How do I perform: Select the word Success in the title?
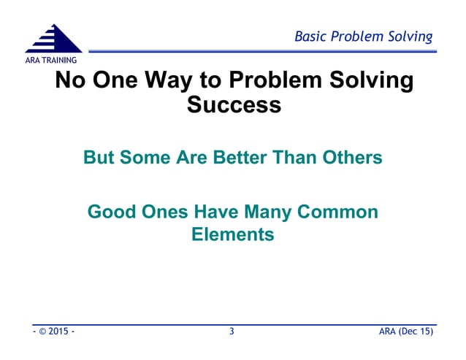pos(234,104)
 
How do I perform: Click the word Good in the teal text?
pos(110,212)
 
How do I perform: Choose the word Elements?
pos(233,235)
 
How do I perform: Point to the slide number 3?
pos(232,332)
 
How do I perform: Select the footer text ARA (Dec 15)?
pos(406,332)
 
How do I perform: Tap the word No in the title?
pos(70,80)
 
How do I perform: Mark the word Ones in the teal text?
pos(163,212)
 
